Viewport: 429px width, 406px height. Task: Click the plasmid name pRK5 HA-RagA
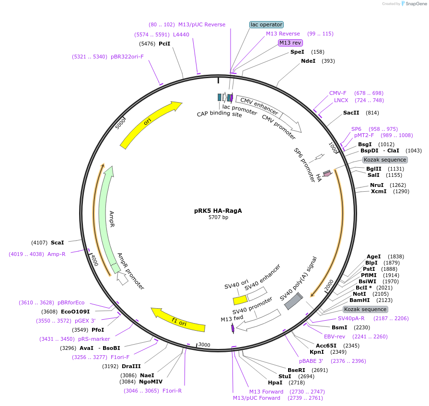(218, 210)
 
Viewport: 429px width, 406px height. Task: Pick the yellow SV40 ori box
(240, 300)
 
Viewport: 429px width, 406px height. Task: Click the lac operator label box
(267, 24)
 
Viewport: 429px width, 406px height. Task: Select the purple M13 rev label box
(290, 43)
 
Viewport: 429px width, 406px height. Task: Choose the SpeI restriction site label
(297, 52)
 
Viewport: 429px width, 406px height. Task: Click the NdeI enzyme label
(308, 61)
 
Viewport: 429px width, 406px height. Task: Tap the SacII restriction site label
(351, 113)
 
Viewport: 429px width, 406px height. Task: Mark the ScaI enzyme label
(58, 243)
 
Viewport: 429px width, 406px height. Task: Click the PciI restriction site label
(164, 44)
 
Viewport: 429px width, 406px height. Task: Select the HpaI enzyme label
(275, 383)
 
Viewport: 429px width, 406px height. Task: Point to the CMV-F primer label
(337, 93)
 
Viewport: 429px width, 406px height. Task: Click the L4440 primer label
(181, 35)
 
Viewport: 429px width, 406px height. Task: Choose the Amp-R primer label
(57, 254)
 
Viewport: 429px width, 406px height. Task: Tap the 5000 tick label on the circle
(120, 124)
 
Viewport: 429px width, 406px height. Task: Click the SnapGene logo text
(413, 4)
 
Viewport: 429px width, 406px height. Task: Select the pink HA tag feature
(327, 174)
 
